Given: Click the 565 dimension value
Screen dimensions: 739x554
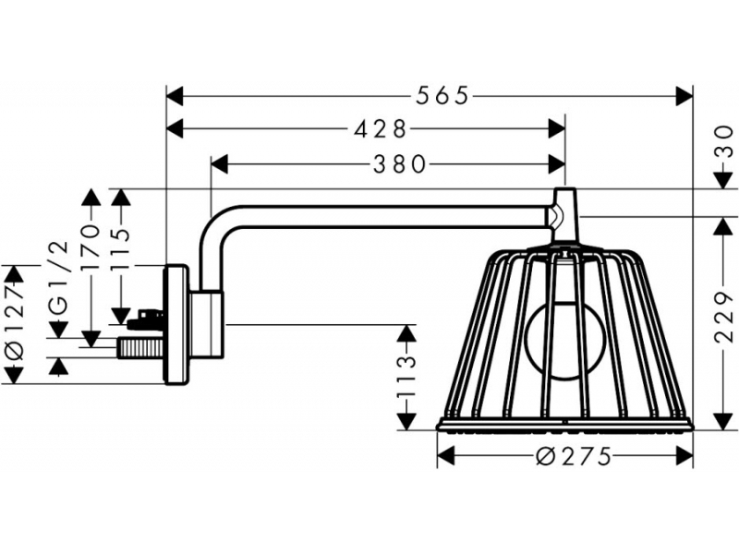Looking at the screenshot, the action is pos(442,96).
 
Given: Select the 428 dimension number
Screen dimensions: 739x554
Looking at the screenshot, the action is pos(380,128).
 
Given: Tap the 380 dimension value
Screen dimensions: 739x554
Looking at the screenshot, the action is pos(400,165).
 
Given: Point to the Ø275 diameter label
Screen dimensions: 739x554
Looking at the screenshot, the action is pos(574,455).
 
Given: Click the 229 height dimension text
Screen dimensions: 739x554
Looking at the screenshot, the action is pos(724,317).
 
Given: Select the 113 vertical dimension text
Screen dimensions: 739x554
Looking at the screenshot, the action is pos(406,377).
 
